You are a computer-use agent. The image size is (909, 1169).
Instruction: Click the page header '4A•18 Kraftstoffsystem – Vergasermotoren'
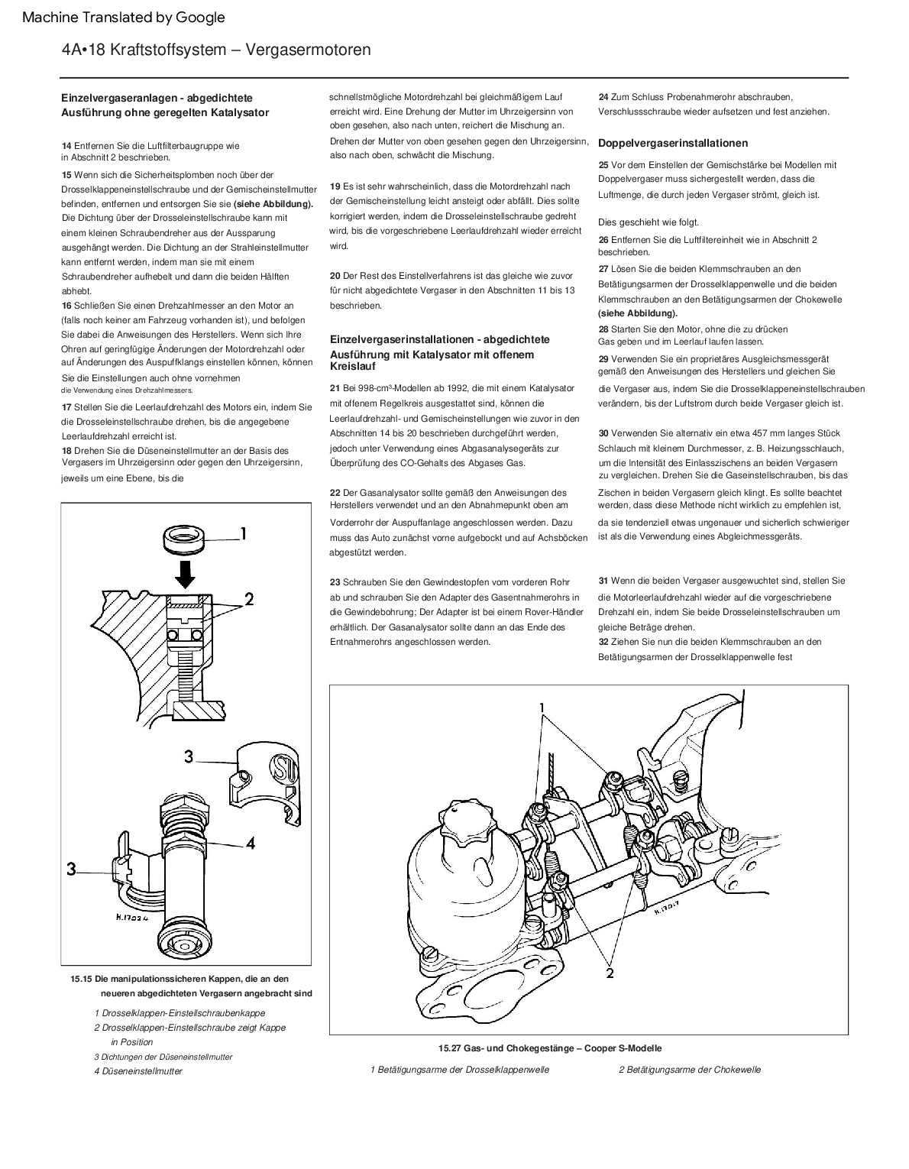point(216,50)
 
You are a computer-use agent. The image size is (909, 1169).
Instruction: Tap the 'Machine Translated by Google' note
point(124,18)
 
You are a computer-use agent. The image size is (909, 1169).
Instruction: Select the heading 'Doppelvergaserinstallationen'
point(673,143)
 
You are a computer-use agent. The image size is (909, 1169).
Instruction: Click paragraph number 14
point(66,145)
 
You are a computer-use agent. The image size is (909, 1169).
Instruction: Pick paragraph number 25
point(603,165)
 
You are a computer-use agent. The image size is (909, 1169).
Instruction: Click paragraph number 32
point(603,642)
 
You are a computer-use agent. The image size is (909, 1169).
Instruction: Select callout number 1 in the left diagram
point(243,534)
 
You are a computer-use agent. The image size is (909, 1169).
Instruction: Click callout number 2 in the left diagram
point(249,599)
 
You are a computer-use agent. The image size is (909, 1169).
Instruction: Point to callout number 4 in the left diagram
point(250,844)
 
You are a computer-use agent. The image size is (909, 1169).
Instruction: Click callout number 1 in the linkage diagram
point(544,708)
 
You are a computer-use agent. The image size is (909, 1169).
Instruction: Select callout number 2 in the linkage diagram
point(610,973)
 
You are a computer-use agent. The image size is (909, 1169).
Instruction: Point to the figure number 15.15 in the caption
point(80,979)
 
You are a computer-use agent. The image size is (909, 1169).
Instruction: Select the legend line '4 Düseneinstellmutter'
point(138,1071)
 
